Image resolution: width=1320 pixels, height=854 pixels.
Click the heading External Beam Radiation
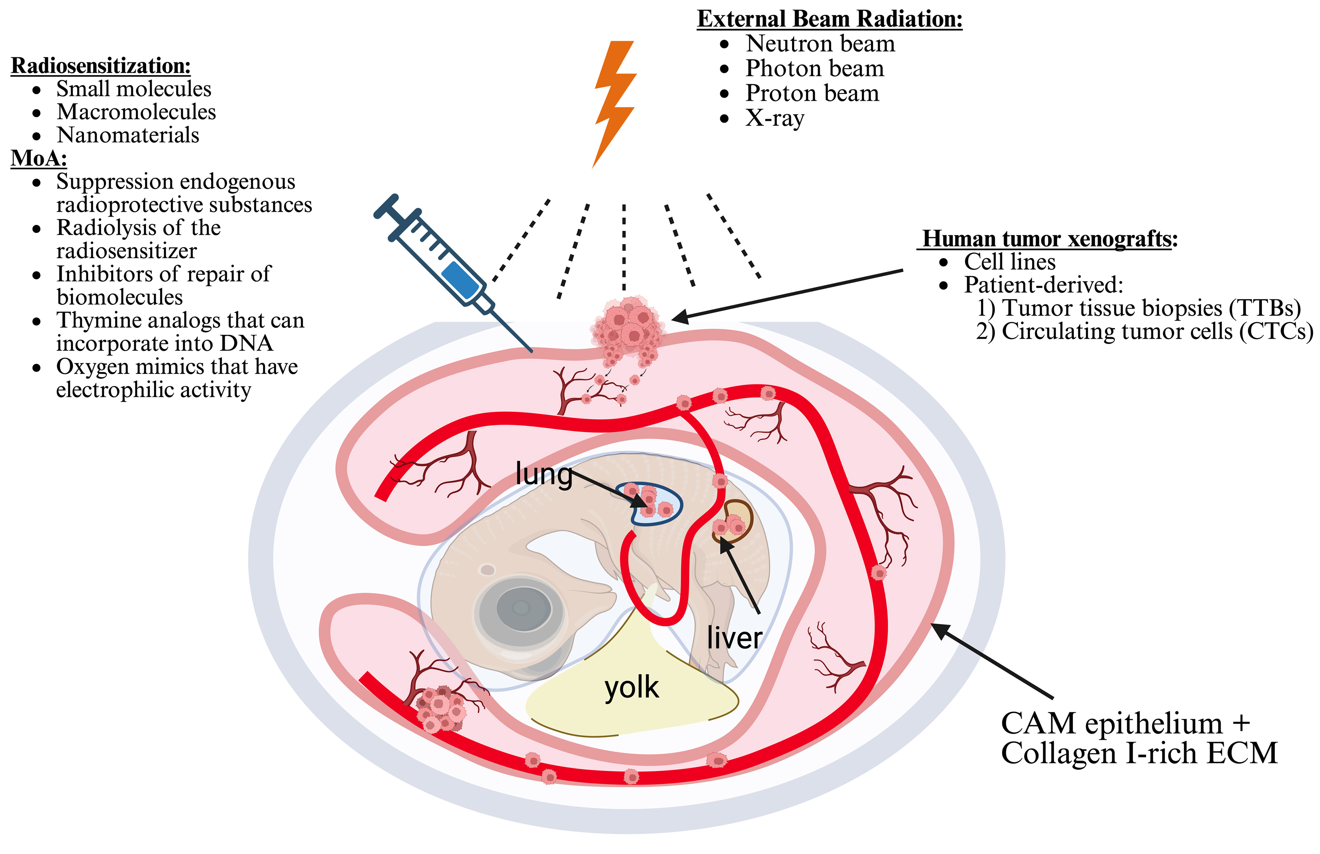pos(829,19)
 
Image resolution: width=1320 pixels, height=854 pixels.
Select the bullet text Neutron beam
pos(820,44)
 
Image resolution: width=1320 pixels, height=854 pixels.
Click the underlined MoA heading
pos(39,158)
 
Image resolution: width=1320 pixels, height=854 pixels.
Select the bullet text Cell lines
pos(1009,262)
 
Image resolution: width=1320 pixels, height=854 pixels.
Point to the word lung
pos(543,474)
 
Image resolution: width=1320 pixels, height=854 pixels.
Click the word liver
pos(734,638)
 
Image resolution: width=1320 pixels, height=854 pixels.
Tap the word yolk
pos(631,688)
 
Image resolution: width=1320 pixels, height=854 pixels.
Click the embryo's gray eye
pos(521,609)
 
